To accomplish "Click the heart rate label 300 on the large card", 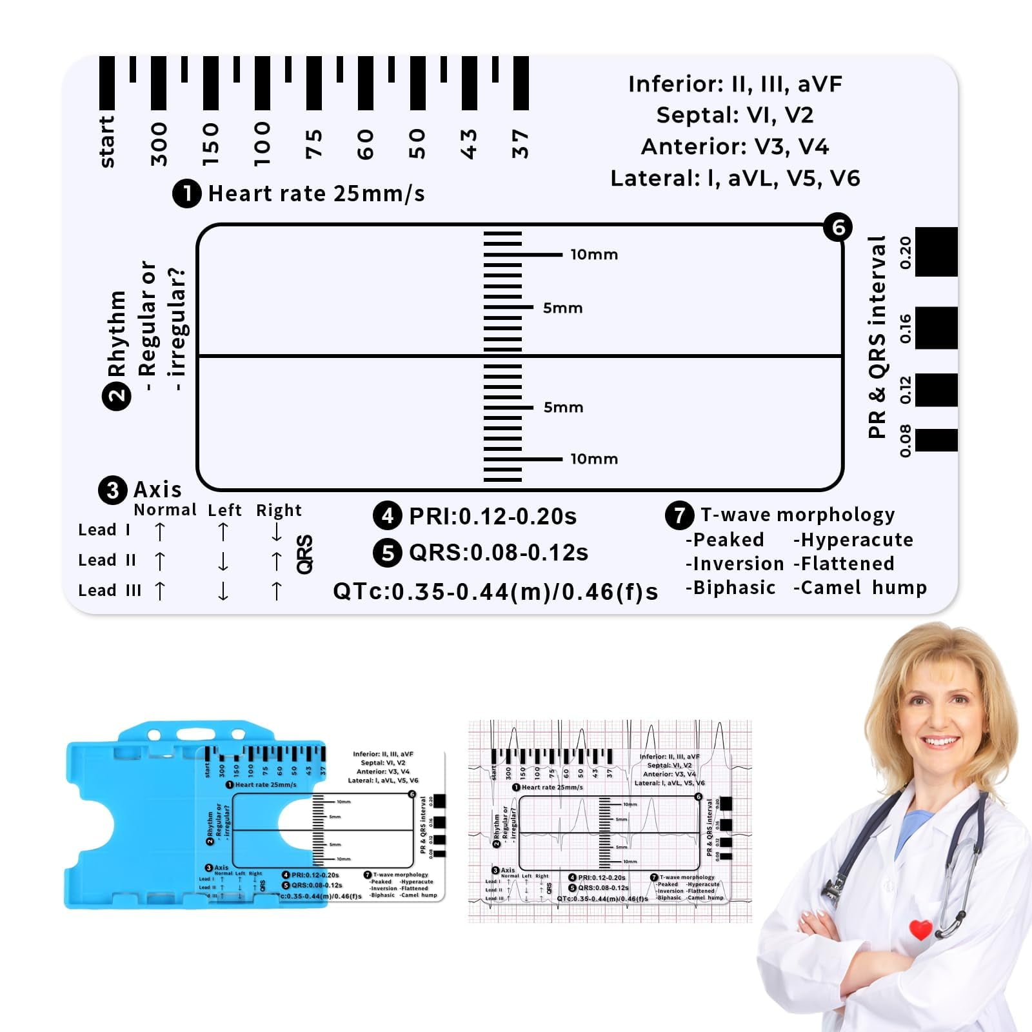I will (159, 144).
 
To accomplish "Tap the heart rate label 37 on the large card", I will (520, 144).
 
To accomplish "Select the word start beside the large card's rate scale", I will (107, 142).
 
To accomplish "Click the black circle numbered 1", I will (187, 193).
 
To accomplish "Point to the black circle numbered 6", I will (838, 227).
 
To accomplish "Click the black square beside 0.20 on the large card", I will (936, 252).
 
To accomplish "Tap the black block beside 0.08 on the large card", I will (936, 440).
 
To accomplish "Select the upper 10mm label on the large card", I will (594, 255).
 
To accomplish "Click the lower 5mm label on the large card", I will (563, 408).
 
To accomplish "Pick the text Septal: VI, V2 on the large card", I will (735, 115).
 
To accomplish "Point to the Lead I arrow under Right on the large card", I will (277, 531).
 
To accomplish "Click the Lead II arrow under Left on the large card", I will (223, 561).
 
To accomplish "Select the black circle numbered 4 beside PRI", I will (387, 516).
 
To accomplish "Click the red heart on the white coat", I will (920, 929).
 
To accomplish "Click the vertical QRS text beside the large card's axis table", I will (304, 554).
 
